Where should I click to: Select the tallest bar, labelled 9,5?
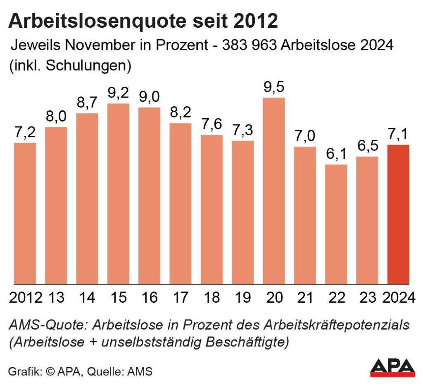click(274, 191)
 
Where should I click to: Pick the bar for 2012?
click(25, 213)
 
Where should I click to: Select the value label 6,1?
click(336, 153)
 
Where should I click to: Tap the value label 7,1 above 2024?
click(398, 134)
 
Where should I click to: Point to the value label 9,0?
click(149, 96)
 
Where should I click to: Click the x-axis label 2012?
click(25, 297)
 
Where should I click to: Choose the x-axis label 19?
click(242, 297)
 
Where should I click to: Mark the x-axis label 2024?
click(398, 297)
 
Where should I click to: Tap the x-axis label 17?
click(181, 297)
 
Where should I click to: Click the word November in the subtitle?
click(105, 45)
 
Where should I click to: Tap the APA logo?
click(392, 367)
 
